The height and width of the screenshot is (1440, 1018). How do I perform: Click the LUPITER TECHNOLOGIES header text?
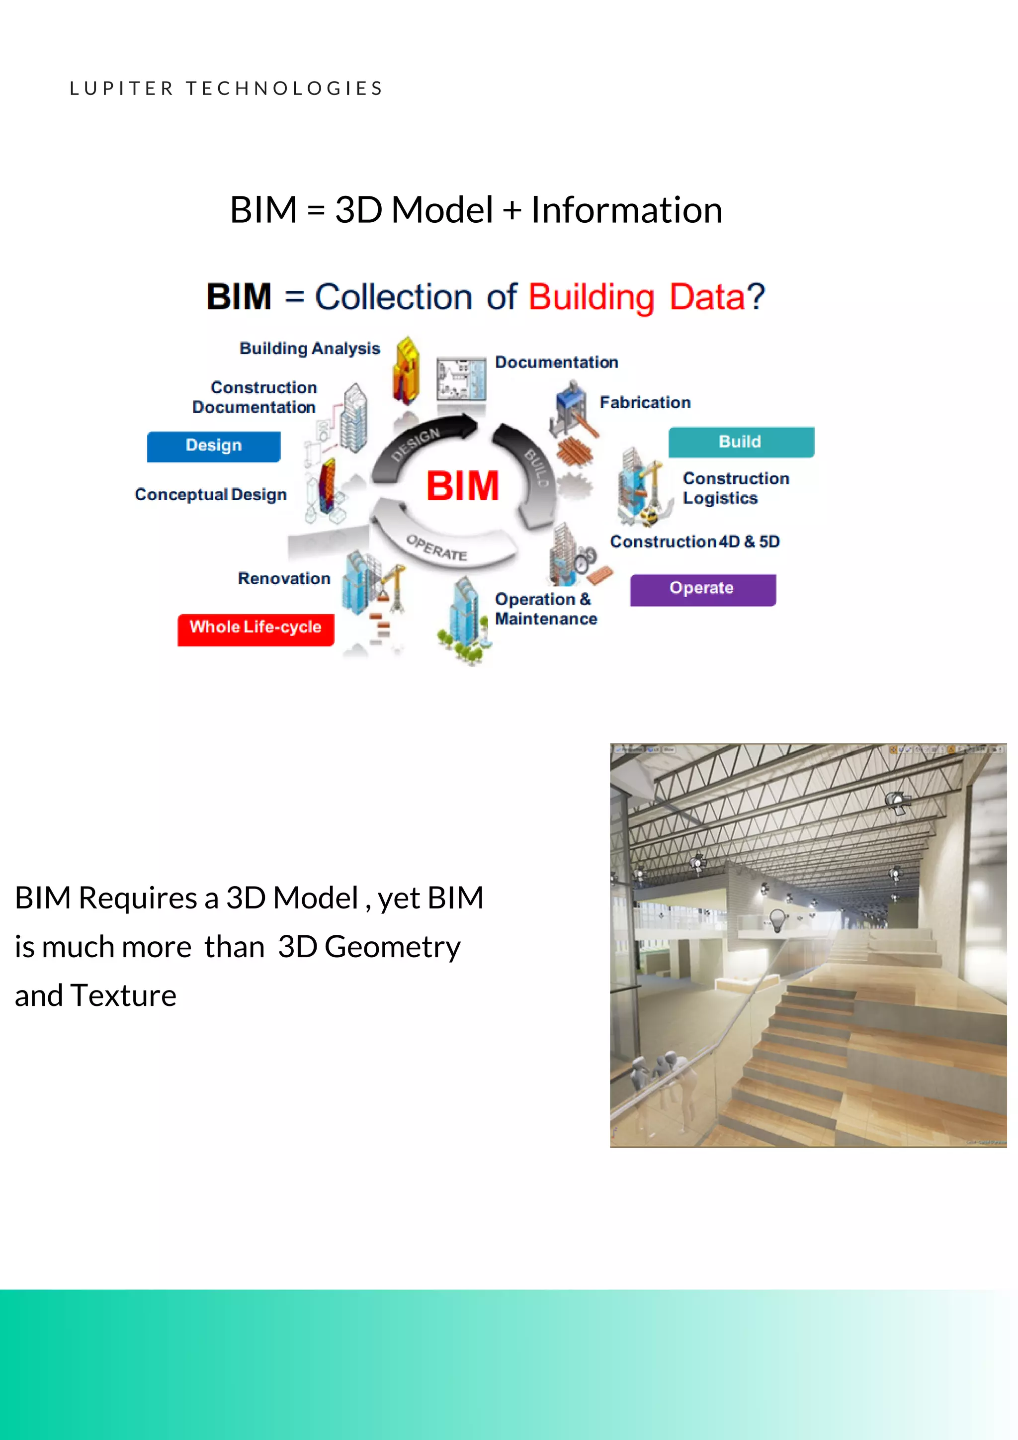pos(226,89)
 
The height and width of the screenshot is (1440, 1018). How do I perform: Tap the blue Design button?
pos(213,446)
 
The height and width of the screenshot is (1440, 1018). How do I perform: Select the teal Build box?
pos(740,442)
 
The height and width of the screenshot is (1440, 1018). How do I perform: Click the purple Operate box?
pos(702,589)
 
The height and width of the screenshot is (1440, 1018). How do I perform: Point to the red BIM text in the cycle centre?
pos(463,487)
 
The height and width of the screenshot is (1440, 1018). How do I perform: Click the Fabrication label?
pos(645,403)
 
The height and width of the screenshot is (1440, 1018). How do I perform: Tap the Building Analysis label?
pos(310,349)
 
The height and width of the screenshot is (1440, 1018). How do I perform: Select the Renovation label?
pos(284,579)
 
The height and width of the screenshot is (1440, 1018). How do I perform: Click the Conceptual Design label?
pos(211,495)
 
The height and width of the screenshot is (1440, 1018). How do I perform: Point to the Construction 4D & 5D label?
pos(694,542)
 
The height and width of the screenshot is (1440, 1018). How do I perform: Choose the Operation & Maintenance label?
pos(545,609)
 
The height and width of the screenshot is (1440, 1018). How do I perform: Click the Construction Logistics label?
pos(735,488)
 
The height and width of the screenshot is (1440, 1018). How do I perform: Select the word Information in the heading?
pos(626,210)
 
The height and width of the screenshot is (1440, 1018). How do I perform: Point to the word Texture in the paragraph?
pos(123,996)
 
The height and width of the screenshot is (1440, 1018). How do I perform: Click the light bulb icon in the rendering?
pos(778,921)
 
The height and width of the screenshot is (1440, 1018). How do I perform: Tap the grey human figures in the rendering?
pos(665,1079)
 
